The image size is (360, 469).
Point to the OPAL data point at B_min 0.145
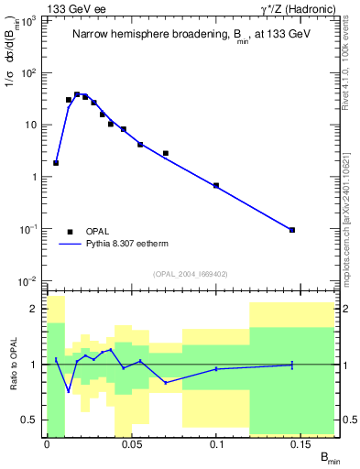pyautogui.click(x=292, y=230)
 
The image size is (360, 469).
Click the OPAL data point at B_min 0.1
pyautogui.click(x=216, y=186)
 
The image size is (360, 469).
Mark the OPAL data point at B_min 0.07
pyautogui.click(x=165, y=153)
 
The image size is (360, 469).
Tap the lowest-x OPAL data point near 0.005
pyautogui.click(x=56, y=163)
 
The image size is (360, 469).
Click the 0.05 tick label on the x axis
pyautogui.click(x=131, y=444)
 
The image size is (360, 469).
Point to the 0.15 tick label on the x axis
pyautogui.click(x=300, y=444)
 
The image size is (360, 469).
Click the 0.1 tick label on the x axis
pyautogui.click(x=216, y=444)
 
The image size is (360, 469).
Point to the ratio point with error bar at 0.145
pyautogui.click(x=292, y=365)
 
